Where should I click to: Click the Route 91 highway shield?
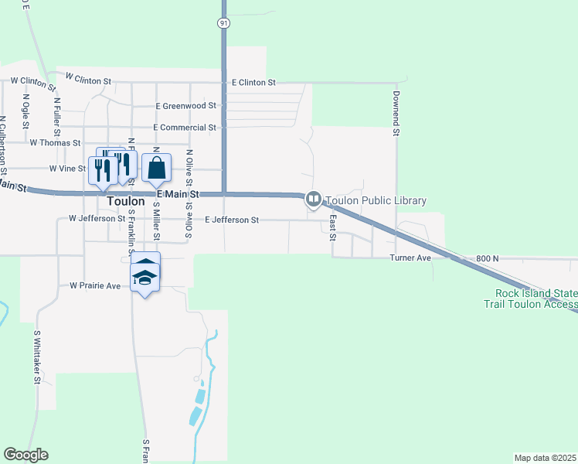223,24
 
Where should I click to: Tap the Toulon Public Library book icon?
314,200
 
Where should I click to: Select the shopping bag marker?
156,168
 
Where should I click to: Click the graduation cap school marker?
145,276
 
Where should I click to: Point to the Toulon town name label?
126,201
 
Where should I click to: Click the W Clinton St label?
89,78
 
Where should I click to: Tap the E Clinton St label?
253,82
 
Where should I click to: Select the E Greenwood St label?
185,105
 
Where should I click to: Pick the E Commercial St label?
185,127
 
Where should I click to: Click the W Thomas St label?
55,143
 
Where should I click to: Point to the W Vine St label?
67,168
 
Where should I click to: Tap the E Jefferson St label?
232,220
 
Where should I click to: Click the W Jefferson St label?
97,219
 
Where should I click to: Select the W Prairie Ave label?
95,286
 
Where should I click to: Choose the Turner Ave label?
410,258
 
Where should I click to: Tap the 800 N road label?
488,258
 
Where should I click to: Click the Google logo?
25,455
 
